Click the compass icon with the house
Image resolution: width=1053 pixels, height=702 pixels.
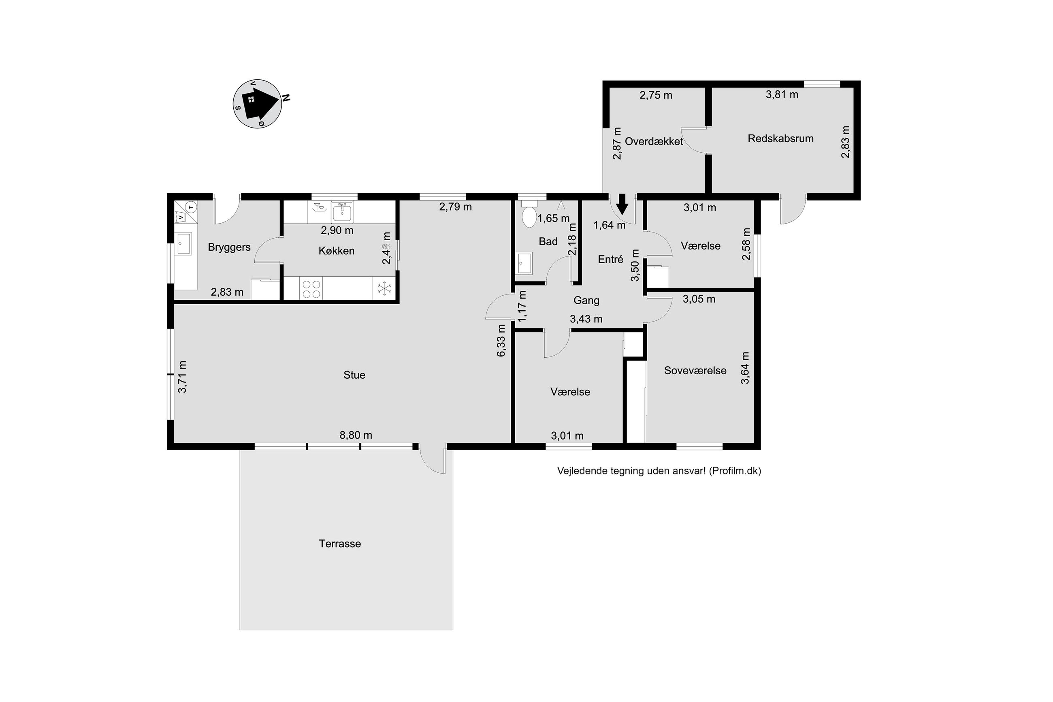(x=257, y=104)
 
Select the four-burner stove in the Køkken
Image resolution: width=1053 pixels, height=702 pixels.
(x=311, y=289)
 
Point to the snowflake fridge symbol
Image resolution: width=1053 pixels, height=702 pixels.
(x=384, y=288)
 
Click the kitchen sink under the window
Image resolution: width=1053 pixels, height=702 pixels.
(x=342, y=212)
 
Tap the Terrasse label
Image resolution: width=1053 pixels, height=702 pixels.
(x=340, y=544)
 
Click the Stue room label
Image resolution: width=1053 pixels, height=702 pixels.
(x=354, y=375)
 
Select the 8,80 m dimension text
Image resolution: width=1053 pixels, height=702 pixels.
(x=356, y=435)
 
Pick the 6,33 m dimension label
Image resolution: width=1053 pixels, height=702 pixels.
(x=501, y=340)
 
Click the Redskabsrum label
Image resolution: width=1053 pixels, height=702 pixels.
(x=780, y=139)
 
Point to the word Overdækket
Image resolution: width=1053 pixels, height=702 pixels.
(x=654, y=141)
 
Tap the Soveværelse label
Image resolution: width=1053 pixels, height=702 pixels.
(x=695, y=370)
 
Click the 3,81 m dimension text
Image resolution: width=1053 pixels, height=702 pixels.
(x=782, y=94)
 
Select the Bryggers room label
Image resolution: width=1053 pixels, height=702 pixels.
(x=229, y=247)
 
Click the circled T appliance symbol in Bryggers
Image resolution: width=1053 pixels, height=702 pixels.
(x=191, y=207)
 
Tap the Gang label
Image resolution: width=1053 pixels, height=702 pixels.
(x=586, y=301)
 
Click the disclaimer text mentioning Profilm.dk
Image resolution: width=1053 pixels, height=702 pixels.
(x=659, y=471)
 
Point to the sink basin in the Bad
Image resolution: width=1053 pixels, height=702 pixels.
(x=524, y=263)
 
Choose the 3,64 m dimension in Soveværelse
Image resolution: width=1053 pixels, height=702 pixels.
(x=745, y=367)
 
